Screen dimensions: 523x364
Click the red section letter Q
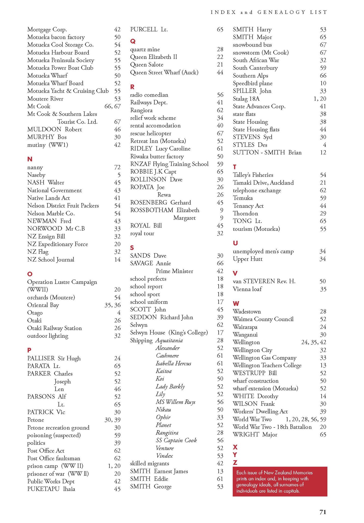[x=133, y=41]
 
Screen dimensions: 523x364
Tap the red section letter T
[x=235, y=167]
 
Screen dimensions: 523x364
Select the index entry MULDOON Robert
[x=55, y=129]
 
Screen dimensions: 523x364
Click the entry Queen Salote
[x=147, y=65]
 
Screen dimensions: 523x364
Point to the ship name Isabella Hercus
[x=173, y=363]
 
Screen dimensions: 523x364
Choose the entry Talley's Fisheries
[x=253, y=175]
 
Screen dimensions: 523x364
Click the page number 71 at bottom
[x=323, y=512]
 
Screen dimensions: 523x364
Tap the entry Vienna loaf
[x=247, y=289]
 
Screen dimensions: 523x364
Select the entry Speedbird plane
[x=253, y=83]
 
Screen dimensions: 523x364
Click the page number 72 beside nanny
[x=117, y=168]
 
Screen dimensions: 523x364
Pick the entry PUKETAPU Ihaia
[x=51, y=489]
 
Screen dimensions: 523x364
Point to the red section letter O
[x=30, y=274]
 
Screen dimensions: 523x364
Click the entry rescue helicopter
[x=150, y=133]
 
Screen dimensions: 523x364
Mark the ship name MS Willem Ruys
[x=175, y=402]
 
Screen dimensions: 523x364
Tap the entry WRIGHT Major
[x=255, y=435]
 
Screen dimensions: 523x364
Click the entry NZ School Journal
[x=51, y=260]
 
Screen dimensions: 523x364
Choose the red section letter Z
[x=235, y=462]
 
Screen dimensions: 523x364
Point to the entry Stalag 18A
[x=246, y=99]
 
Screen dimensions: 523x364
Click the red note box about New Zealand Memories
[x=280, y=482]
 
